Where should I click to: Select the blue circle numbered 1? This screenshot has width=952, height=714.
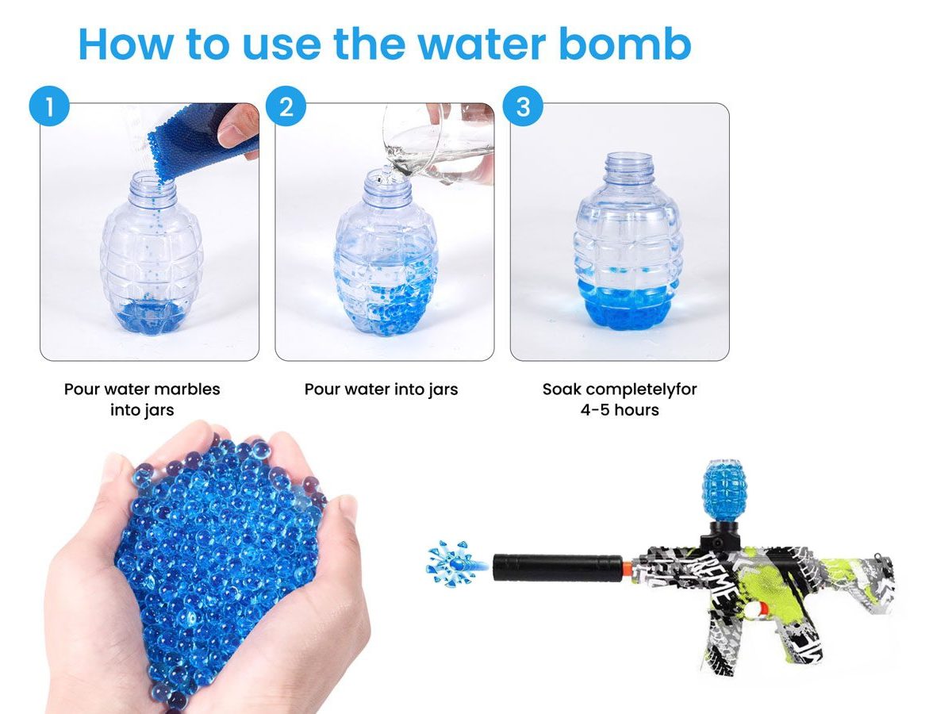coord(49,106)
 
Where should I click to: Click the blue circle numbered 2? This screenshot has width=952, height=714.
coord(286,106)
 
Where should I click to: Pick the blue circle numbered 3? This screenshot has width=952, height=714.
coord(522,106)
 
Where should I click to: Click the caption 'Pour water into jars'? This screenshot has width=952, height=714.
coord(381,390)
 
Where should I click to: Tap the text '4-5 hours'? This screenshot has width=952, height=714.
coord(620,410)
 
